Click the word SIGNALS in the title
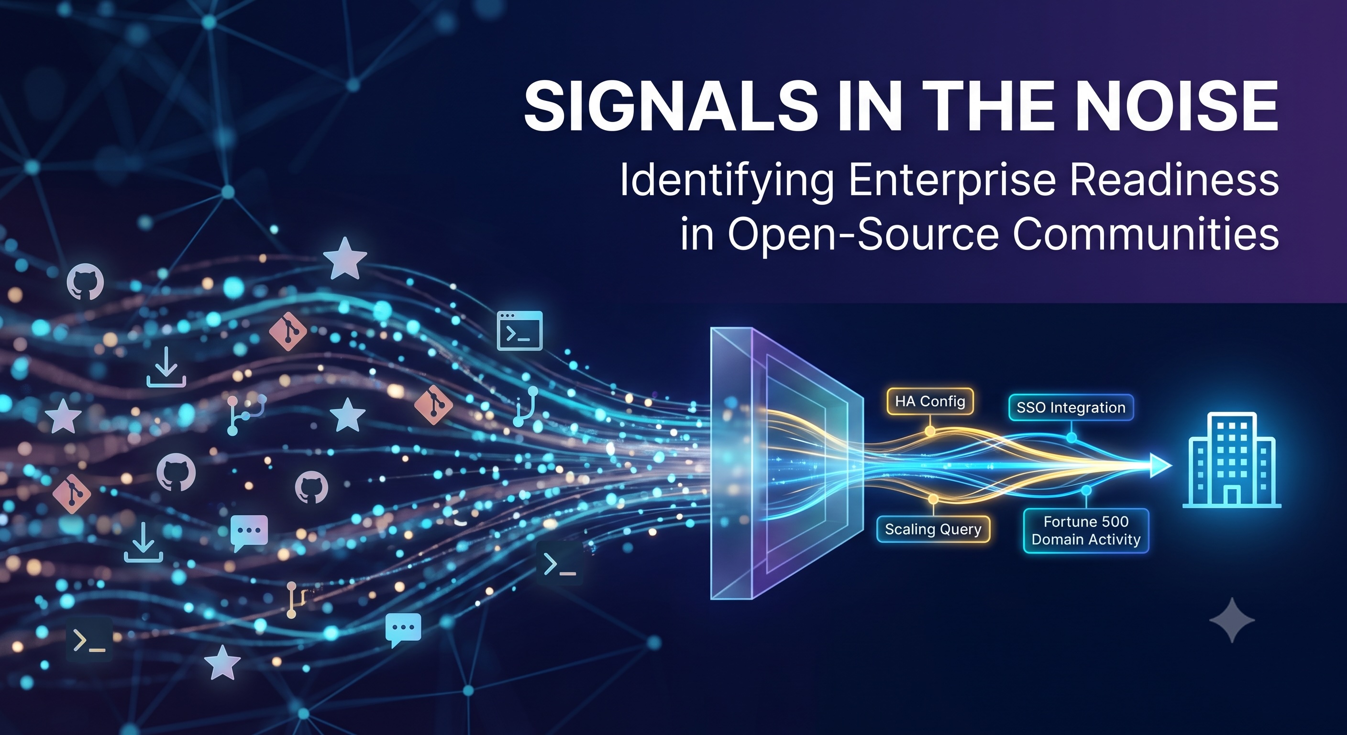tap(672, 106)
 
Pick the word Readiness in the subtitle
tap(1174, 179)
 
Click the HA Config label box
tap(930, 401)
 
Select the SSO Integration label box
tap(1071, 408)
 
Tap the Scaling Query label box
tap(933, 529)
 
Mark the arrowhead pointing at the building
tap(1160, 465)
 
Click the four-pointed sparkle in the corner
tap(1232, 620)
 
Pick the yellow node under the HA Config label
tap(930, 431)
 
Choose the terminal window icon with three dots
tap(519, 331)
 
